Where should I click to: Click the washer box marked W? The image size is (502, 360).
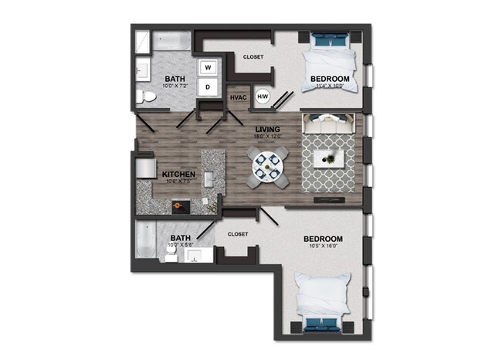pos(208,68)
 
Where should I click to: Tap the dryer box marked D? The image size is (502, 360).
pos(208,87)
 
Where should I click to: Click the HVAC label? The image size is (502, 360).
pos(238,97)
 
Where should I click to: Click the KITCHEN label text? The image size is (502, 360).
pos(178,175)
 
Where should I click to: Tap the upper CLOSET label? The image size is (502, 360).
pos(253,56)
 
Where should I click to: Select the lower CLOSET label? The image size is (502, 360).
pos(237,233)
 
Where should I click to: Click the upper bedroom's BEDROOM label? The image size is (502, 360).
pos(330,79)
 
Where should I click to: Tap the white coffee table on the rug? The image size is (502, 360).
pos(329,158)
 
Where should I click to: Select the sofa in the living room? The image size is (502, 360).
pos(329,123)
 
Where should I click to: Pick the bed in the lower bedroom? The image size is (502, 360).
pos(324,301)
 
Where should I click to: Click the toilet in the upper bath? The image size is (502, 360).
pos(147,97)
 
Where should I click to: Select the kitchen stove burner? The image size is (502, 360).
pos(178,205)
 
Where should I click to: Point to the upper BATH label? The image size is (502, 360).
pos(175,79)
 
